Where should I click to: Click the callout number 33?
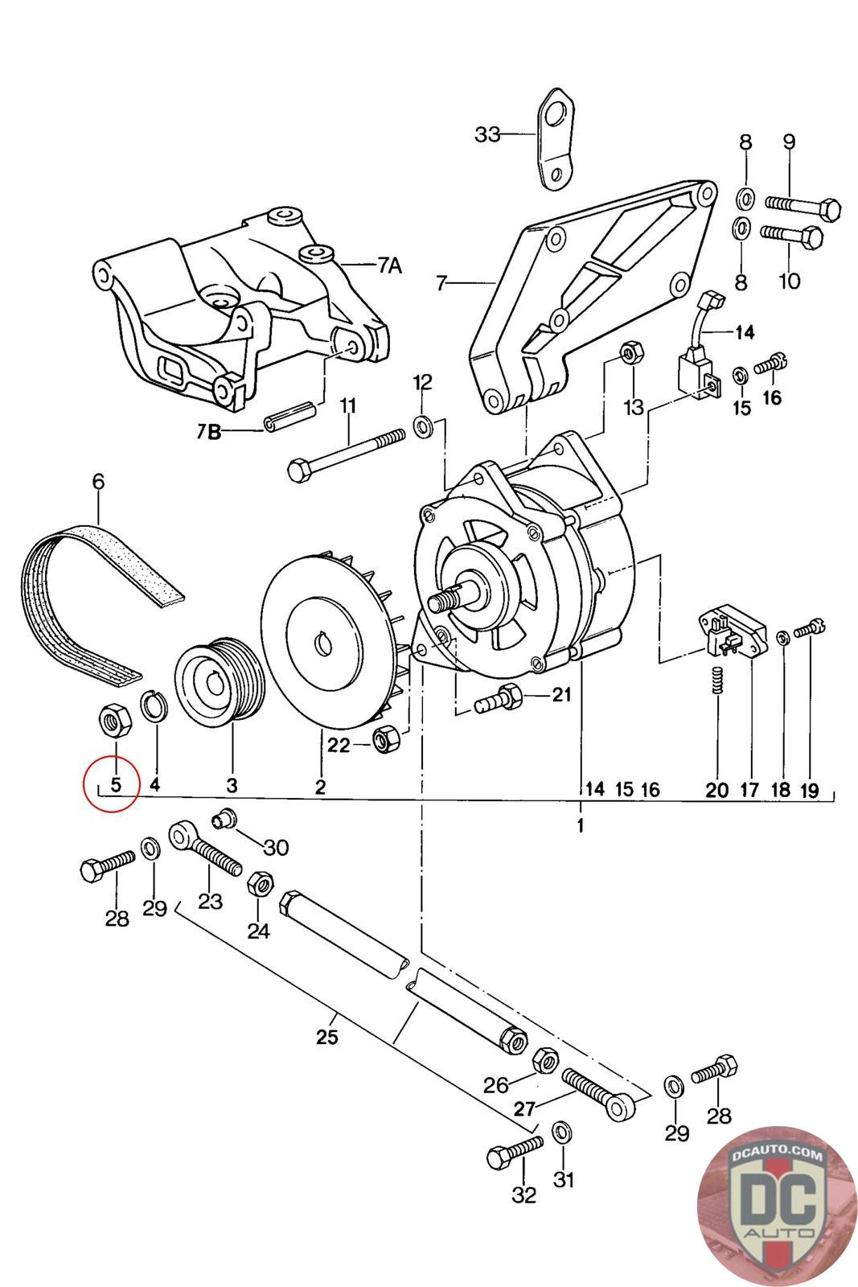[x=486, y=134]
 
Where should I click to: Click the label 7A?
[x=389, y=265]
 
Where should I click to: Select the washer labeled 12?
[x=423, y=425]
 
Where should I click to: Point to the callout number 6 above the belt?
[x=98, y=482]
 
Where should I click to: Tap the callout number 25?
[x=326, y=1037]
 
